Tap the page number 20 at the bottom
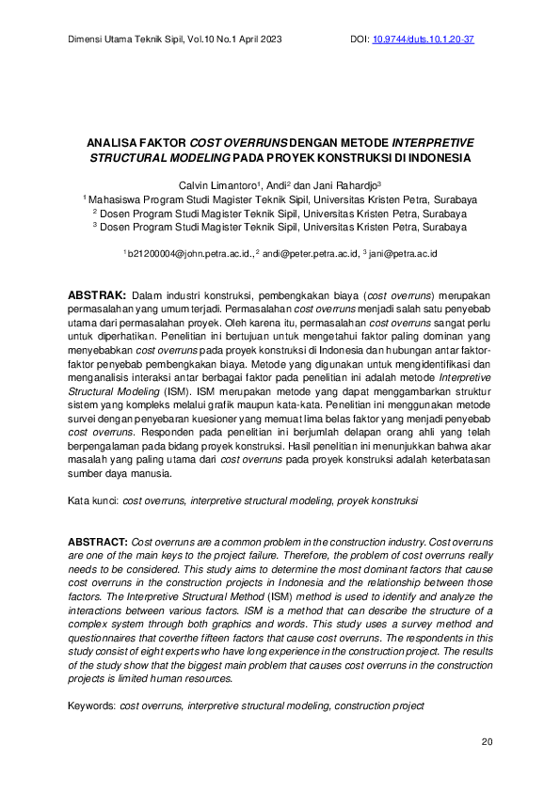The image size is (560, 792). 487,742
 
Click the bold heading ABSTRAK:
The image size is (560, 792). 99,295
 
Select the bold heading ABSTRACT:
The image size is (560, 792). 100,543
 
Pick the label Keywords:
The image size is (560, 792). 92,705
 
